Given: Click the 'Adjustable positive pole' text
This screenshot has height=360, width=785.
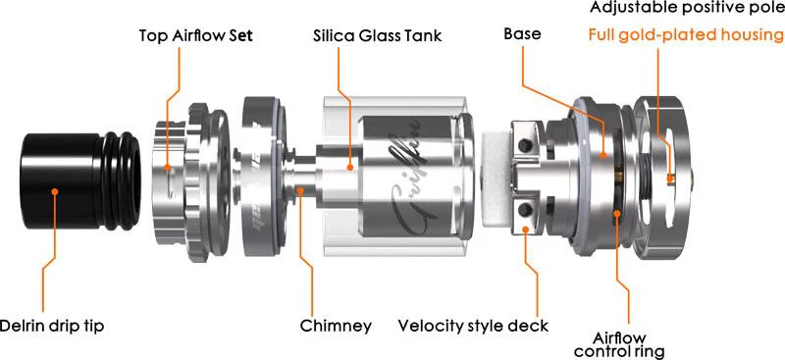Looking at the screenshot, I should (x=686, y=9).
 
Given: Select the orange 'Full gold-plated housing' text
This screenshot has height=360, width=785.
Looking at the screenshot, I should (x=686, y=36).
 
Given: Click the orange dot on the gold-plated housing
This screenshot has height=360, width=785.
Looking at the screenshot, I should (x=670, y=178).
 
